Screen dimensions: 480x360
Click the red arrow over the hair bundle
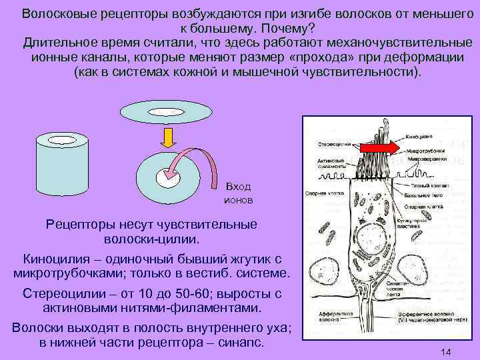[381, 146]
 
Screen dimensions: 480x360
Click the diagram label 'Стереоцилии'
[331, 143]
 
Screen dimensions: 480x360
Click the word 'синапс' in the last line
[241, 343]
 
